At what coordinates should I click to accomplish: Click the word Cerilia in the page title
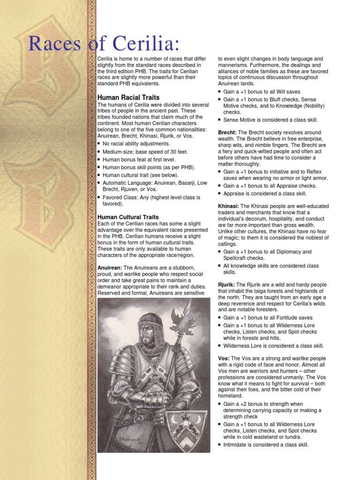pyautogui.click(x=143, y=45)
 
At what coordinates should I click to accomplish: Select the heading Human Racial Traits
pyautogui.click(x=128, y=97)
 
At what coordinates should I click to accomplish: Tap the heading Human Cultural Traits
pyautogui.click(x=128, y=217)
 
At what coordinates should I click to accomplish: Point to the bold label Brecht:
pyautogui.click(x=227, y=133)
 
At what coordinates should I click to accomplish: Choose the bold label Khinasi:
pyautogui.click(x=229, y=206)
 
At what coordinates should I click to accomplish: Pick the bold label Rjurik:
pyautogui.click(x=226, y=284)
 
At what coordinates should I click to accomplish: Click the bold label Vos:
pyautogui.click(x=224, y=358)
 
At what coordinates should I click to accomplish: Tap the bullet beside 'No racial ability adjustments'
pyautogui.click(x=99, y=144)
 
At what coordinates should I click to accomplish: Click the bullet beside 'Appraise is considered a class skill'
pyautogui.click(x=220, y=194)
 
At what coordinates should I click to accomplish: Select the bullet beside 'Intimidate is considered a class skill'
pyautogui.click(x=220, y=445)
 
